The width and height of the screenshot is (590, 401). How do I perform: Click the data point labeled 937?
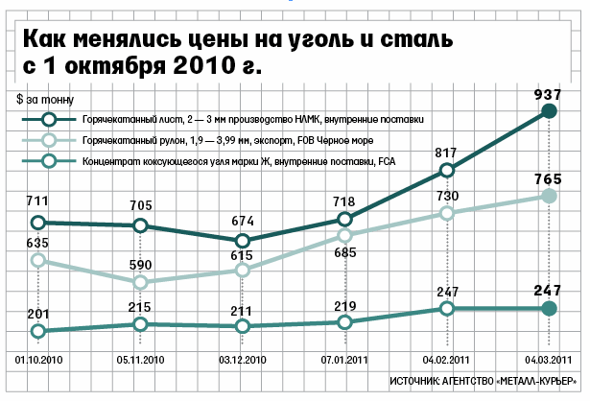coord(549,111)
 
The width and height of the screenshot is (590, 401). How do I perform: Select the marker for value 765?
coord(549,196)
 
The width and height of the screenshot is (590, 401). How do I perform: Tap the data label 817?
coord(445,153)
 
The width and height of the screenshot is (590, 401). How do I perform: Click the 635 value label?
coord(37,243)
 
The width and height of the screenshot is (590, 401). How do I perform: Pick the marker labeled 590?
coord(140,282)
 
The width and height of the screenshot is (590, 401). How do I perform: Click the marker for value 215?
coord(140,324)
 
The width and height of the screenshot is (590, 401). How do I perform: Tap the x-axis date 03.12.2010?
coord(243,360)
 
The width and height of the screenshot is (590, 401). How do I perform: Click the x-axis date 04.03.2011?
coord(549,360)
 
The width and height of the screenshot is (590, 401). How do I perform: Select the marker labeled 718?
coord(344,220)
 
